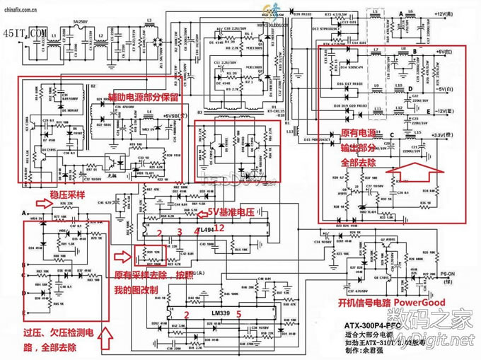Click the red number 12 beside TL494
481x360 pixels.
click(220, 228)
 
